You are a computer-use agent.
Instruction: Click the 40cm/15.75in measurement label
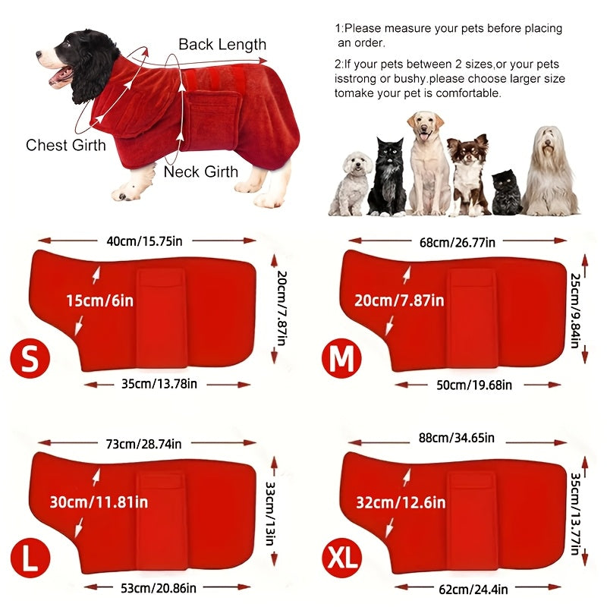click(144, 241)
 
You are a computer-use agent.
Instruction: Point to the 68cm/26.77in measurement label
click(457, 242)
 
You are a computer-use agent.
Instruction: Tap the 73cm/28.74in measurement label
click(143, 444)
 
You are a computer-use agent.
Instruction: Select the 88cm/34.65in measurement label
click(456, 438)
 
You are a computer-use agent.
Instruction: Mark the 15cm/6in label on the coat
click(99, 300)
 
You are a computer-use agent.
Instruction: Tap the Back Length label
click(222, 44)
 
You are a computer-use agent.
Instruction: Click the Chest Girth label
click(66, 145)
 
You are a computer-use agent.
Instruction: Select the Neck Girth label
click(201, 171)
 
